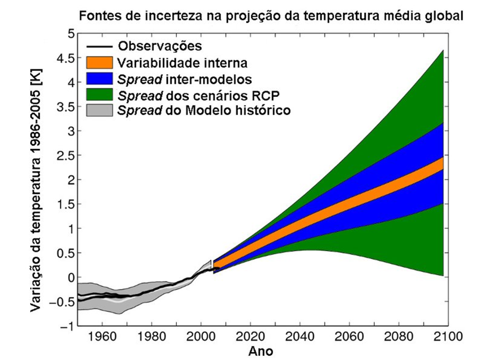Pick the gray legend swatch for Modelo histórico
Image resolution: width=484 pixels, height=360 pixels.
(x=99, y=111)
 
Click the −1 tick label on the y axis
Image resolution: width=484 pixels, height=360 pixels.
(x=66, y=327)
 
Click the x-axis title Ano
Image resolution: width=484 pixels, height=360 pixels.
(x=261, y=352)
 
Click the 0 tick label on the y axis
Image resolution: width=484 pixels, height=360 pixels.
(x=70, y=278)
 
